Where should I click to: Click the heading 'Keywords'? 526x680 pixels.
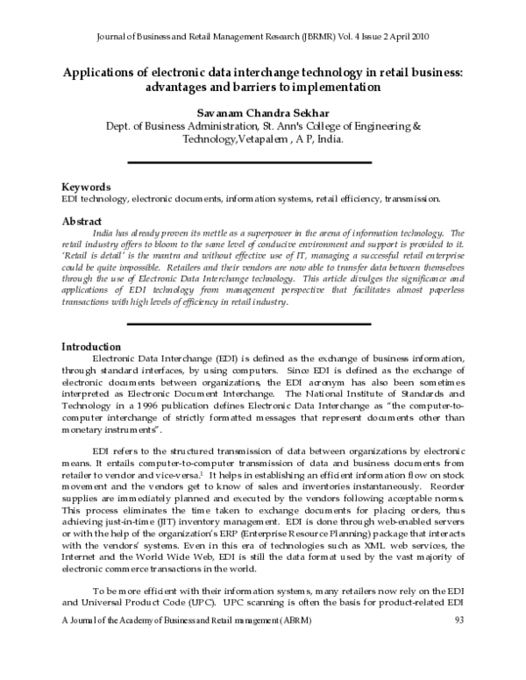point(86,188)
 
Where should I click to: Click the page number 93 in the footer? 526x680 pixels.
point(459,669)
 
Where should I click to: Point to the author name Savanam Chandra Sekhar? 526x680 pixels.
point(262,112)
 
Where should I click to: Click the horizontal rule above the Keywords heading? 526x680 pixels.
point(263,163)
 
